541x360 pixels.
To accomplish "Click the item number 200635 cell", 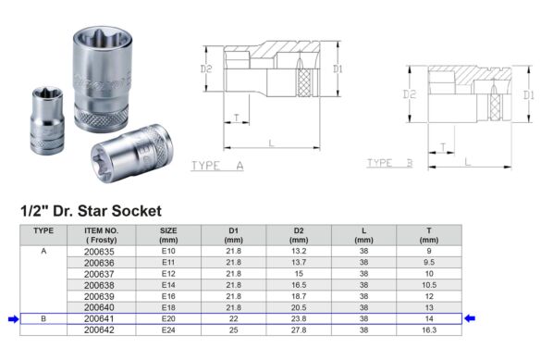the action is click(99, 252).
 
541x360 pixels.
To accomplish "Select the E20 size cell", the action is click(168, 318).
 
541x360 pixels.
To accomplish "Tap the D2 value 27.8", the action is click(299, 330).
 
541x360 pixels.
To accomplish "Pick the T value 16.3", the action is click(429, 330).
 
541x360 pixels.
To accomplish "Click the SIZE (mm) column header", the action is click(168, 235).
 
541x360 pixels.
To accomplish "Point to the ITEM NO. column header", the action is click(102, 235).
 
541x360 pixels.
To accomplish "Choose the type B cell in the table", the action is click(43, 318).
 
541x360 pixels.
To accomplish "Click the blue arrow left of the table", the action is click(14, 319).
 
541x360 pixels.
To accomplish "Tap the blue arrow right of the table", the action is click(470, 318).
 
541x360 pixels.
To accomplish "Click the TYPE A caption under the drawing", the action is click(217, 166).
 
